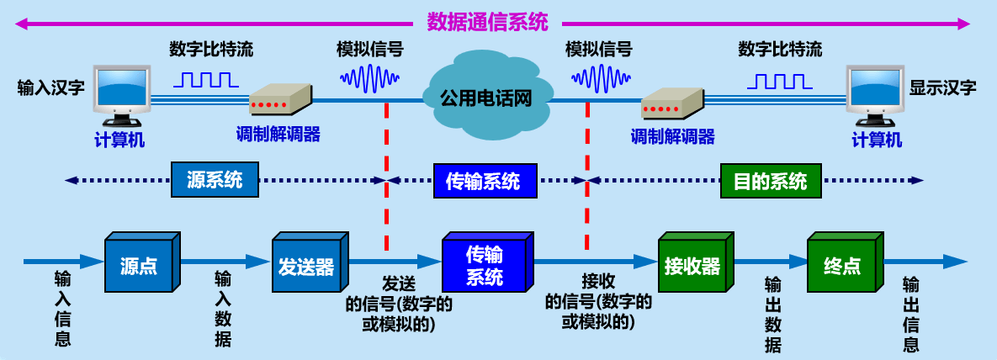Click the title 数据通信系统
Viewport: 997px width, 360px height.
click(x=487, y=22)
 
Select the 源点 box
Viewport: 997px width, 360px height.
click(x=138, y=267)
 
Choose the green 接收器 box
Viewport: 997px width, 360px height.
click(x=692, y=267)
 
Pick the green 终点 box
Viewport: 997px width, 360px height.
click(x=840, y=267)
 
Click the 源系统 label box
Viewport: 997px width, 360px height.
click(x=215, y=180)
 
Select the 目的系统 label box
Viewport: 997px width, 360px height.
click(x=770, y=181)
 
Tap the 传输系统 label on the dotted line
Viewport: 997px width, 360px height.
click(x=482, y=181)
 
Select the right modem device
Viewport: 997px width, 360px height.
click(x=673, y=103)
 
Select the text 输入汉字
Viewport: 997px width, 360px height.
click(x=50, y=87)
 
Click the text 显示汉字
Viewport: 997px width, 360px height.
click(x=942, y=87)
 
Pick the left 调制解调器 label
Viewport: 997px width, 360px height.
click(x=278, y=134)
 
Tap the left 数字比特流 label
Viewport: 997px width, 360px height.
click(x=210, y=49)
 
